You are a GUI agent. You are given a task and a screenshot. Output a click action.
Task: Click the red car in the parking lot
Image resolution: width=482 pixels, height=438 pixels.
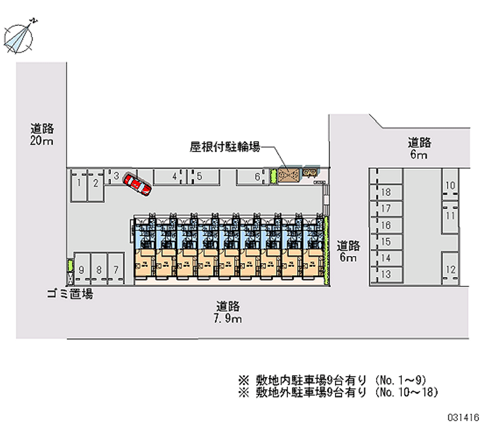click(137, 184)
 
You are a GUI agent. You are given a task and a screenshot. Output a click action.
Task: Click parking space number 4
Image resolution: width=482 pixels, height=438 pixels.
click(174, 177)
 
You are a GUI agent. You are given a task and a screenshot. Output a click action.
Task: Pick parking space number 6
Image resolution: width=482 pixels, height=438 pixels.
click(257, 177)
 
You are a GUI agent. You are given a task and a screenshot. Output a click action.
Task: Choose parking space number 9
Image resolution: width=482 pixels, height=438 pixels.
click(81, 270)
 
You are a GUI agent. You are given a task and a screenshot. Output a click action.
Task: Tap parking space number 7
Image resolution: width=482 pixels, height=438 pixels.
click(116, 270)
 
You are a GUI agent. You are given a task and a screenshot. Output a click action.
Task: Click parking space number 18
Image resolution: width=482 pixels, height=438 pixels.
click(387, 192)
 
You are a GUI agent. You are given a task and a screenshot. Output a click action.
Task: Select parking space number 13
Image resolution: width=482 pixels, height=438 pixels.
click(387, 274)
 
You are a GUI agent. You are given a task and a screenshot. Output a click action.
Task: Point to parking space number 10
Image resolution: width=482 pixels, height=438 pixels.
click(450, 186)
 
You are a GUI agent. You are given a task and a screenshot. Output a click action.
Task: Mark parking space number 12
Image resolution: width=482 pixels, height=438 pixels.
click(450, 270)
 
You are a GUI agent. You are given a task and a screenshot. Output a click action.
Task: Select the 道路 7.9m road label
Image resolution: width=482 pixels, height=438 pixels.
click(229, 311)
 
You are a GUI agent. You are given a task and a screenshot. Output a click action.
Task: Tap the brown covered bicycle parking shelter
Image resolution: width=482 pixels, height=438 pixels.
click(289, 175)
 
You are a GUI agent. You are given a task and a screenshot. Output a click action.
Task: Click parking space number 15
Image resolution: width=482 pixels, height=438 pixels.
click(387, 242)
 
